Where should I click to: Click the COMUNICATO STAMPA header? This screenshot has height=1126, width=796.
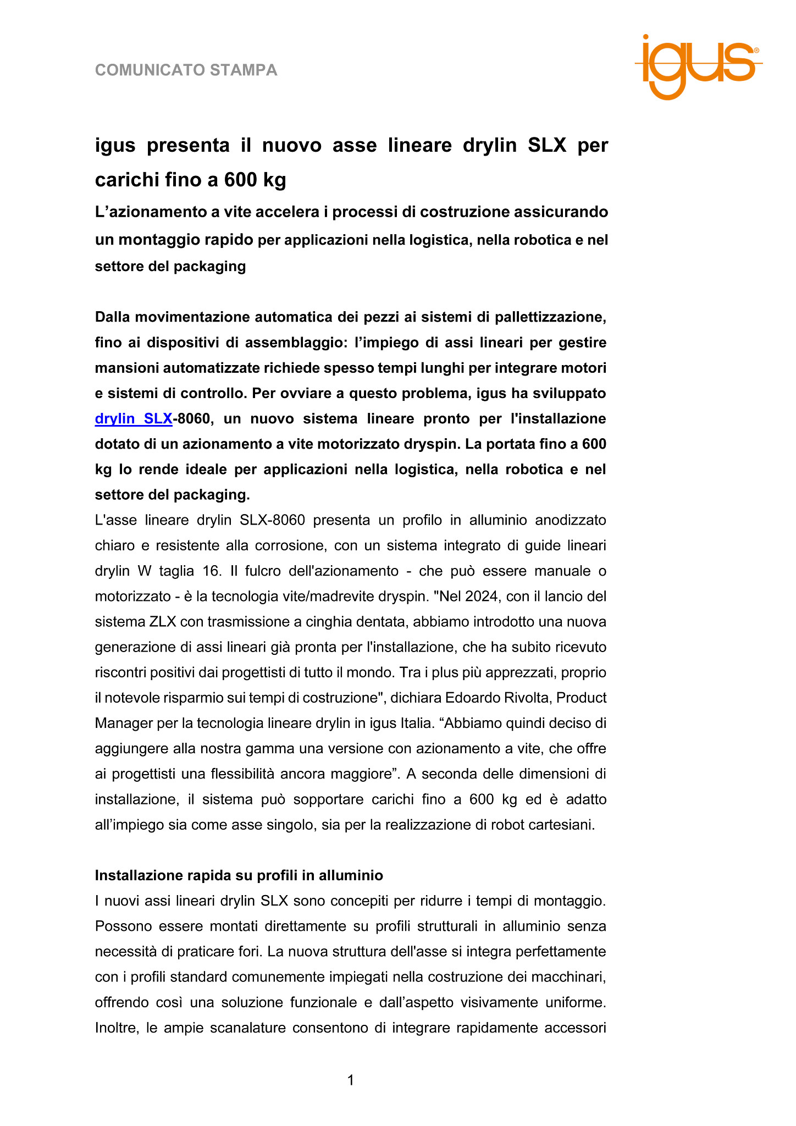coord(186,70)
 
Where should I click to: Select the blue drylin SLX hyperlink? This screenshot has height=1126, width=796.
coord(134,419)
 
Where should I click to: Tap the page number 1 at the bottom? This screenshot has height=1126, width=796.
coord(351,1080)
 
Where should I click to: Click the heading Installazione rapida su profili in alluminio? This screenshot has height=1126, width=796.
coord(239,875)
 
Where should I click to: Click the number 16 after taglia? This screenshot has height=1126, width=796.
coord(211,571)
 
